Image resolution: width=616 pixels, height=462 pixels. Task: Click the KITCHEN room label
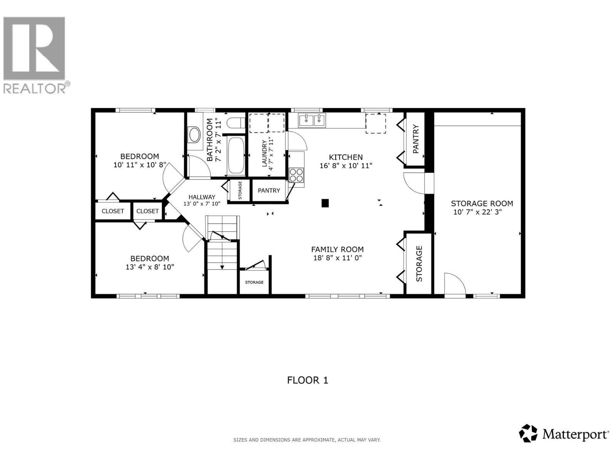[345, 157]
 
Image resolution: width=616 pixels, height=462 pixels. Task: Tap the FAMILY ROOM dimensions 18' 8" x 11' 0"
[337, 258]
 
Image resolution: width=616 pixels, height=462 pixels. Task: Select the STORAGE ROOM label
[482, 203]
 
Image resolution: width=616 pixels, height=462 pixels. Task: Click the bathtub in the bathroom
[236, 156]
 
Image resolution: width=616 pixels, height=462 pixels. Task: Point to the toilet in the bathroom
[235, 123]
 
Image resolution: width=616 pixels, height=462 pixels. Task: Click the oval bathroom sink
[194, 136]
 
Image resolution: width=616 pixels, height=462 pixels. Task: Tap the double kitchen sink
[312, 120]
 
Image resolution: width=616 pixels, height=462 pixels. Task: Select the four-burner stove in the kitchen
[296, 175]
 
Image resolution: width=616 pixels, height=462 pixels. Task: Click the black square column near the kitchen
[325, 203]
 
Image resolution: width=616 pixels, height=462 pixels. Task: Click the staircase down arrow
[222, 266]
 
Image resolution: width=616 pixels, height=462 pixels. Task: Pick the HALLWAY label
[202, 197]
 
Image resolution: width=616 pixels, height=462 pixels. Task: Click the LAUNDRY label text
[264, 153]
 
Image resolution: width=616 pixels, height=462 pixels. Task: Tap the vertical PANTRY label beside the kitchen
[415, 139]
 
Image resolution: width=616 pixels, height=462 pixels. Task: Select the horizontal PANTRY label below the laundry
[269, 191]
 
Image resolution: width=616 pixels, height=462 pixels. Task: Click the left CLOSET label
[113, 211]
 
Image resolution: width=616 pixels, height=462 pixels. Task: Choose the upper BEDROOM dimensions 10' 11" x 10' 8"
[140, 165]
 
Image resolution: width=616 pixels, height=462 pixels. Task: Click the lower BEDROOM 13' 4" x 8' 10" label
[149, 263]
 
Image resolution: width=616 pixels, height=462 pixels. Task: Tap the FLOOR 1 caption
[308, 380]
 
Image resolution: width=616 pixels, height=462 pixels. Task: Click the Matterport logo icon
[528, 433]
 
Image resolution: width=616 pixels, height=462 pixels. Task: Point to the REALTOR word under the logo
[35, 89]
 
